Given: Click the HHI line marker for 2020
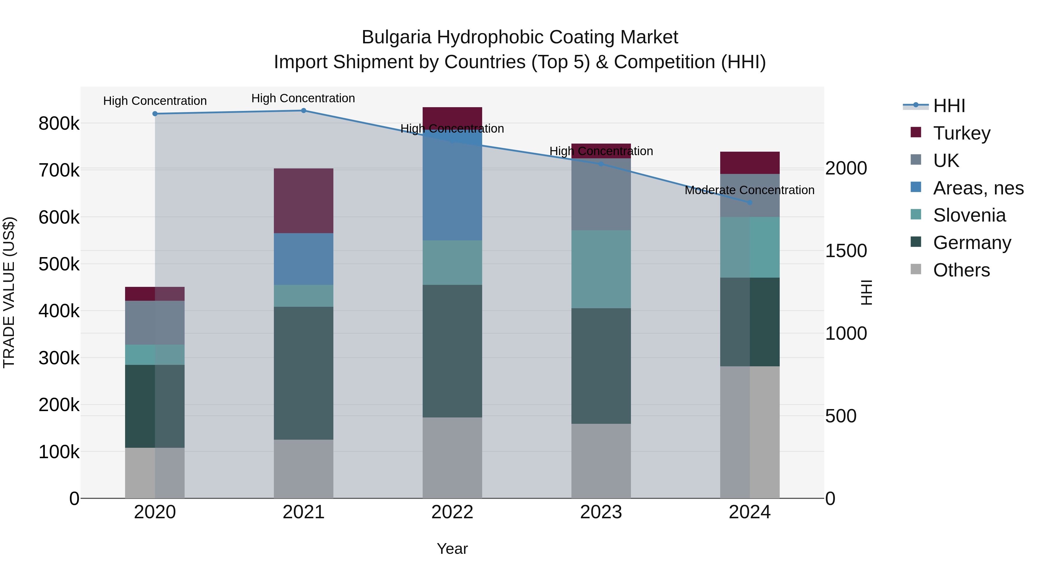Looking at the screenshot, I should pos(155,114).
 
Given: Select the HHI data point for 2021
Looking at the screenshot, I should pos(304,111).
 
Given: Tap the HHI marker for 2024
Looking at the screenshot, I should pos(750,202).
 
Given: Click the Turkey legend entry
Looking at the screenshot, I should pos(961,133).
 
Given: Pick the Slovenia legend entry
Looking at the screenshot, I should pos(969,215).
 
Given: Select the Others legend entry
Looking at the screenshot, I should pos(961,270).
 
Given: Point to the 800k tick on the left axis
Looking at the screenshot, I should pos(59,124).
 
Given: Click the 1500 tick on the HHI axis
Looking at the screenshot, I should pos(846,251).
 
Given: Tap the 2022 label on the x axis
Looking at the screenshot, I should pos(452,512).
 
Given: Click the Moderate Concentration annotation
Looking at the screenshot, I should pos(749,190).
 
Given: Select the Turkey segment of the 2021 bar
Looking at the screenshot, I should pos(304,201).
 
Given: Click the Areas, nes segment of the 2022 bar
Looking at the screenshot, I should pos(452,186).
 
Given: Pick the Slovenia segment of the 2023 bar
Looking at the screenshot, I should pos(601,269).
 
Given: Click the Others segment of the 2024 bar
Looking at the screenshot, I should pos(750,432).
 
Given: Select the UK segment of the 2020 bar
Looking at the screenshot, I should pos(155,323).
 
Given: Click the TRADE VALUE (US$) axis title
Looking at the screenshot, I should pos(9,292).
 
